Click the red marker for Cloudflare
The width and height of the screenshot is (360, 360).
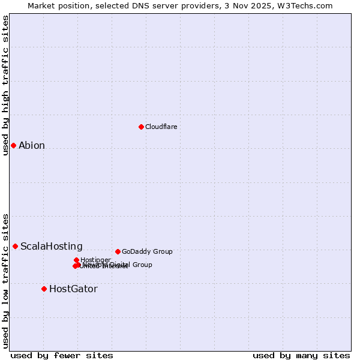point(141,127)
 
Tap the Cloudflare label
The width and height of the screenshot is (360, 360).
point(161,127)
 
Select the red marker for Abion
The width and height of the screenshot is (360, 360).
point(13,145)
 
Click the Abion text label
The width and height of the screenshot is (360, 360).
point(32,145)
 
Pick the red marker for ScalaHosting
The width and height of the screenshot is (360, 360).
point(15,246)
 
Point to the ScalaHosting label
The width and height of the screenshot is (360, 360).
point(52,246)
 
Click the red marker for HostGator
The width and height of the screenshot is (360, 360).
point(44,289)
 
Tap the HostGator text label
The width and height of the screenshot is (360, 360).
point(73,289)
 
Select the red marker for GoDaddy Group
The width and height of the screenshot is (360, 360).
point(118,251)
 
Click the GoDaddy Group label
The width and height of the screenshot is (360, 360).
point(147,251)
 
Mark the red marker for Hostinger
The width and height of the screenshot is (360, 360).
point(76,260)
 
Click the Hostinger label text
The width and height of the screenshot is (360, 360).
point(95,260)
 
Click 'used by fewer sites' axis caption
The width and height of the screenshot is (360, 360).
point(62,355)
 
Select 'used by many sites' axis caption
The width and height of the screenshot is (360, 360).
point(301,355)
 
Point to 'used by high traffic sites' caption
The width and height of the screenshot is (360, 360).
point(6,85)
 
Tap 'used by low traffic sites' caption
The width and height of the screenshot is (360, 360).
point(6,280)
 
